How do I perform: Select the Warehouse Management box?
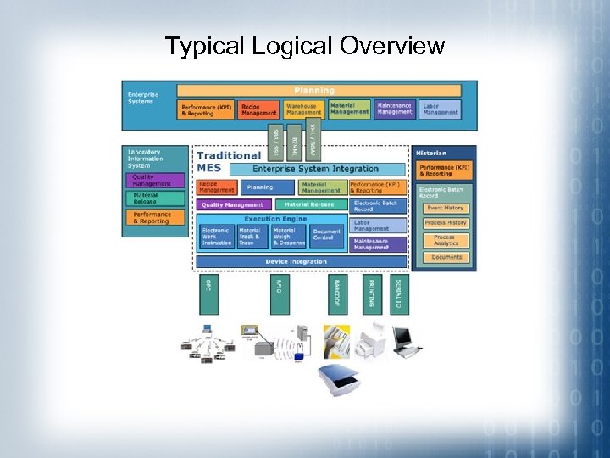[303, 109]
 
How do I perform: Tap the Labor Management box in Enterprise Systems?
[440, 109]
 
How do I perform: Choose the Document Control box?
[327, 234]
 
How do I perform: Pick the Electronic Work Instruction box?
[216, 236]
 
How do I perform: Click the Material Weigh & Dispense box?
[289, 236]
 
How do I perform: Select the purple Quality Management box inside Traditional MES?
[234, 204]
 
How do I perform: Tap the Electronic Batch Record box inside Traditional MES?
[378, 206]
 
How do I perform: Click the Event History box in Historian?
[446, 208]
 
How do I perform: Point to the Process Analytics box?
[446, 241]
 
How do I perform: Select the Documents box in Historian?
[446, 257]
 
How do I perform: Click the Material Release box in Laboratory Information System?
[155, 199]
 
